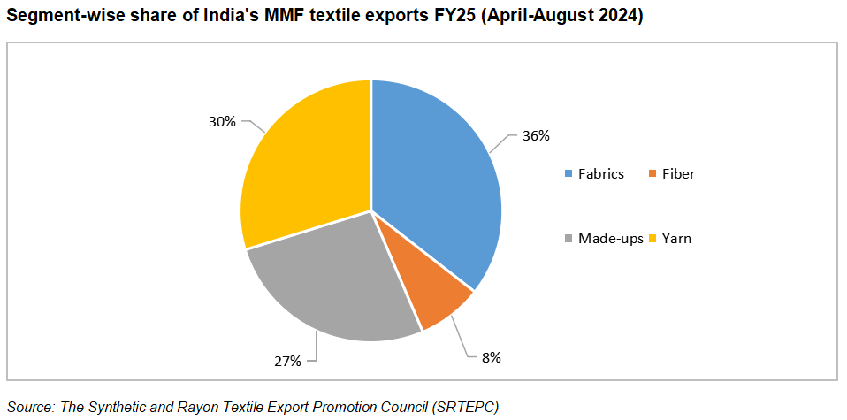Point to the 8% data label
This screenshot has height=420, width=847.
click(492, 358)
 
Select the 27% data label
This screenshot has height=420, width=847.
click(288, 361)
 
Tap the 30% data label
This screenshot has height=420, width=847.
click(222, 121)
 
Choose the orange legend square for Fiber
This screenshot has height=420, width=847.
click(639, 174)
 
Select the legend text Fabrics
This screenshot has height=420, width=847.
click(601, 174)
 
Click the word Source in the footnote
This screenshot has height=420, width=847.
click(30, 406)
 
